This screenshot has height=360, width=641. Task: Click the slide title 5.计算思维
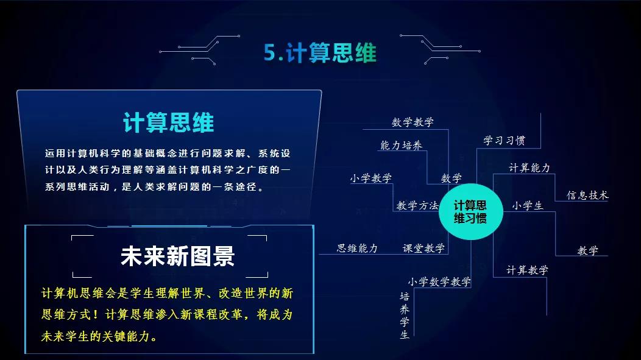(320, 53)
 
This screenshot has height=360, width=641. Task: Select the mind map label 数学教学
(413, 122)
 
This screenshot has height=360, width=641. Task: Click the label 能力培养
(401, 146)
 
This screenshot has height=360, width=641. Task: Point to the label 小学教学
(370, 178)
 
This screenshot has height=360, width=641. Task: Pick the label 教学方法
(417, 206)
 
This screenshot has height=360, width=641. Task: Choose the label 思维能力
(357, 249)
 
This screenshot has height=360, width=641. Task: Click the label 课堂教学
(423, 249)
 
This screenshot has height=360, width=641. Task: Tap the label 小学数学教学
(439, 282)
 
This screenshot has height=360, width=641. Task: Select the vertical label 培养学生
(405, 316)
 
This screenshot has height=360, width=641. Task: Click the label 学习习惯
(504, 141)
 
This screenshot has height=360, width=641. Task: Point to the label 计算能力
(529, 168)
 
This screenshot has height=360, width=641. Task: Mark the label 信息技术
(587, 196)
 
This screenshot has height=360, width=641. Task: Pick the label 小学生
(527, 206)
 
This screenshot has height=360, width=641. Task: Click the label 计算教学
(527, 270)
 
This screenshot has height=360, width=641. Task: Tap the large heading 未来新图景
(177, 256)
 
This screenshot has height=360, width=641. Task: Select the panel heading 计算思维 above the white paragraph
(168, 122)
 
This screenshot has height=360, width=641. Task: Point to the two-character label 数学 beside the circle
(452, 178)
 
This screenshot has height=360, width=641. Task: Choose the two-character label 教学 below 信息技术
(587, 250)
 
